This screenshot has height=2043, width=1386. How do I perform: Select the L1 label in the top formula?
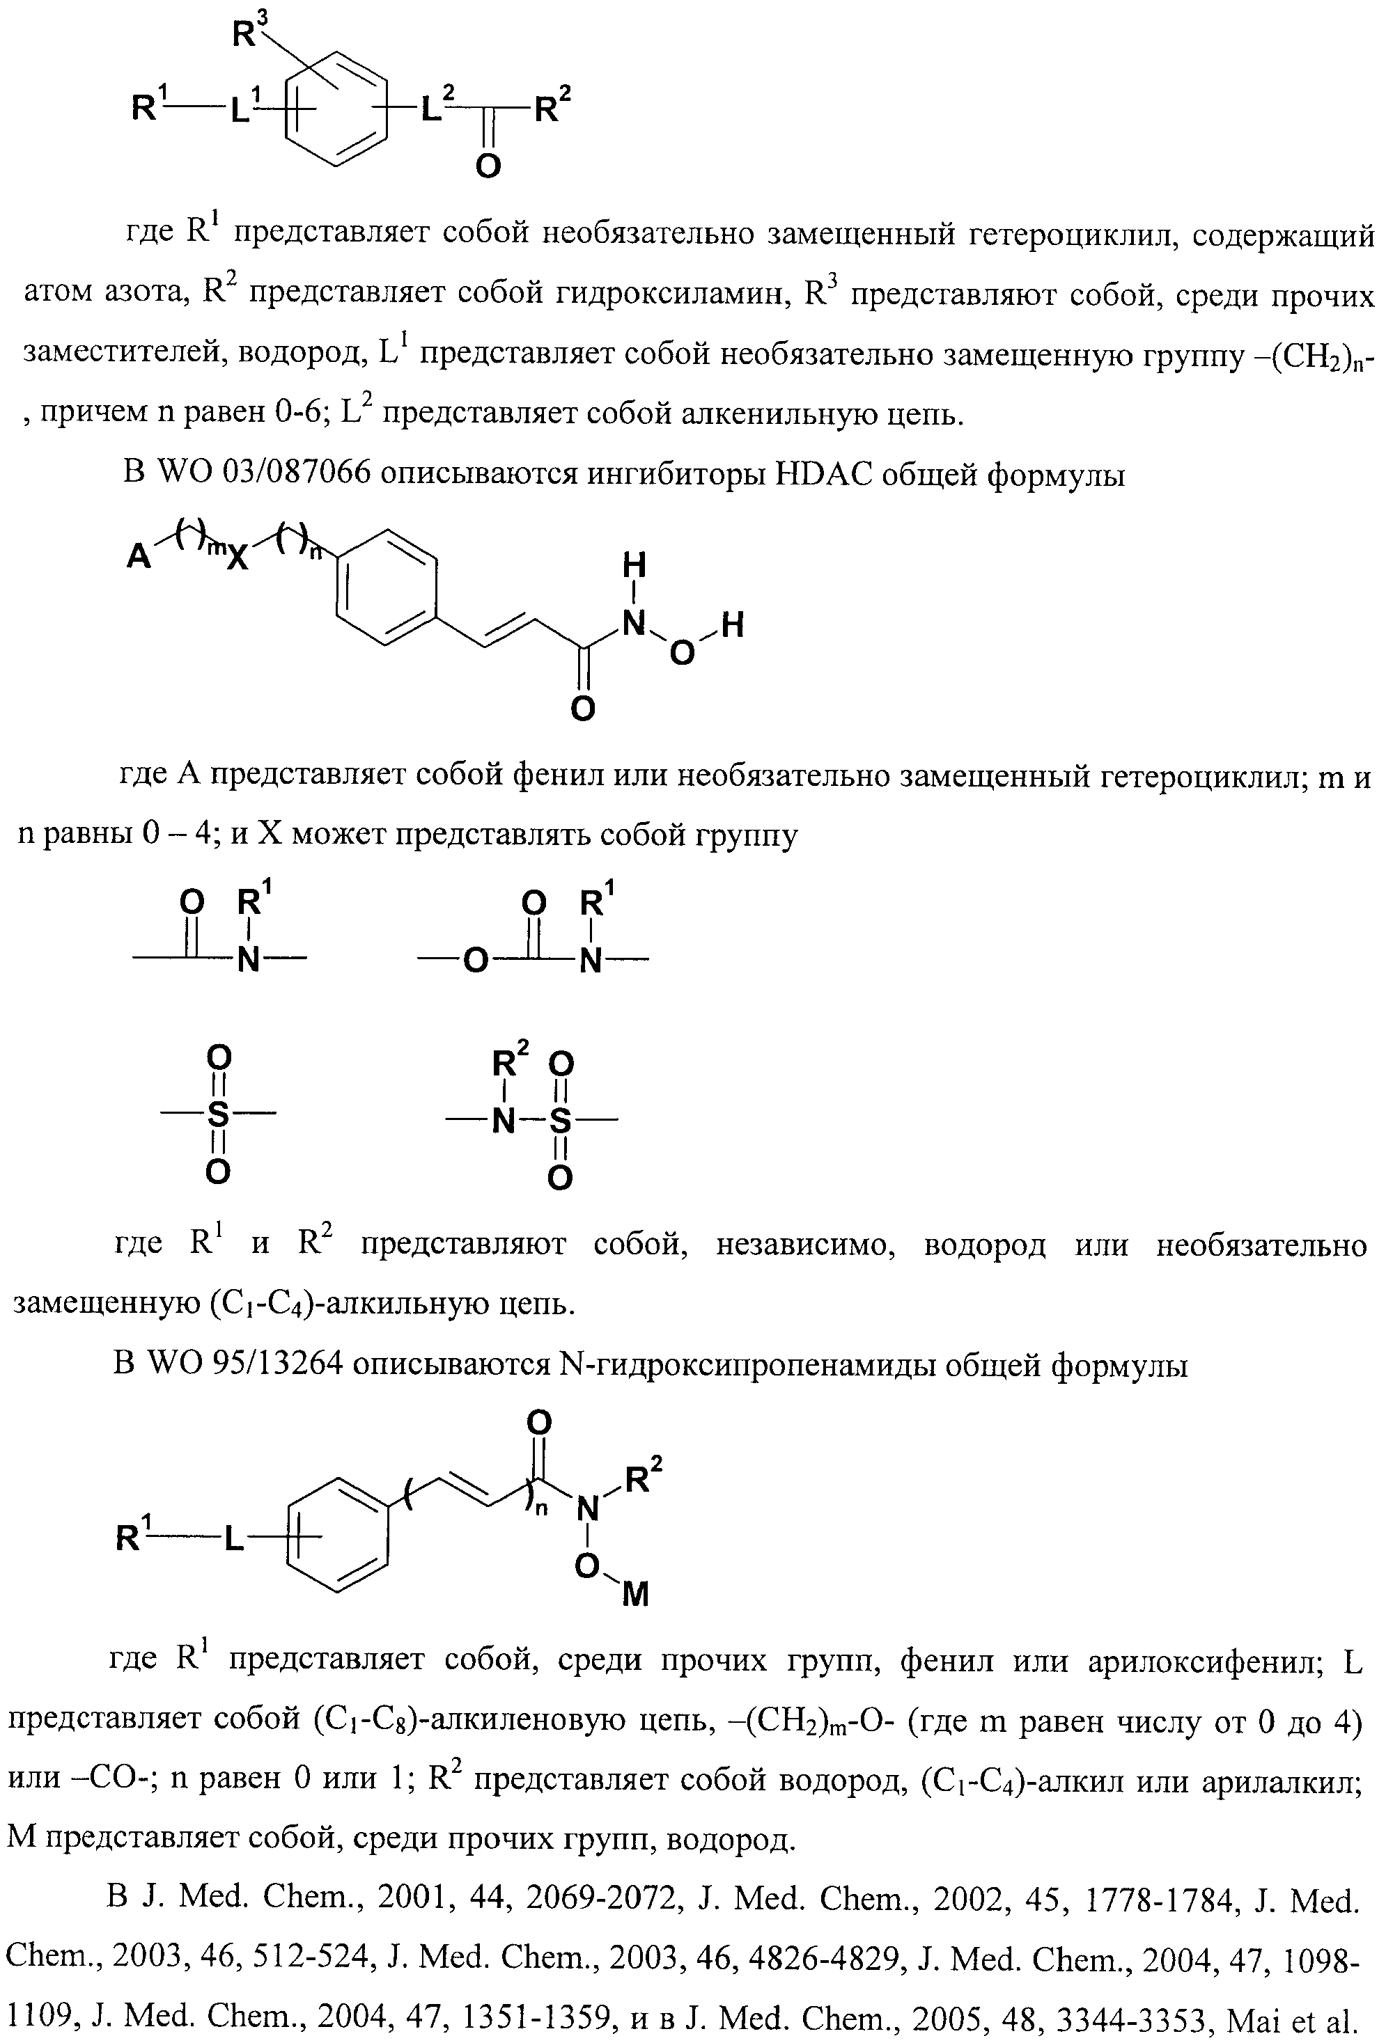tap(242, 109)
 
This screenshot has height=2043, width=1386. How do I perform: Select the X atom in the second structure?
tap(238, 558)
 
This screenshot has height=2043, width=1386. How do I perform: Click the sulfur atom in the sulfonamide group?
tap(560, 1120)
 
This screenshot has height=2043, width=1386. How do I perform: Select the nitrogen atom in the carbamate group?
tap(591, 961)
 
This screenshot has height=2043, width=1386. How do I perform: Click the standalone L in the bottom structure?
tap(233, 1538)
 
